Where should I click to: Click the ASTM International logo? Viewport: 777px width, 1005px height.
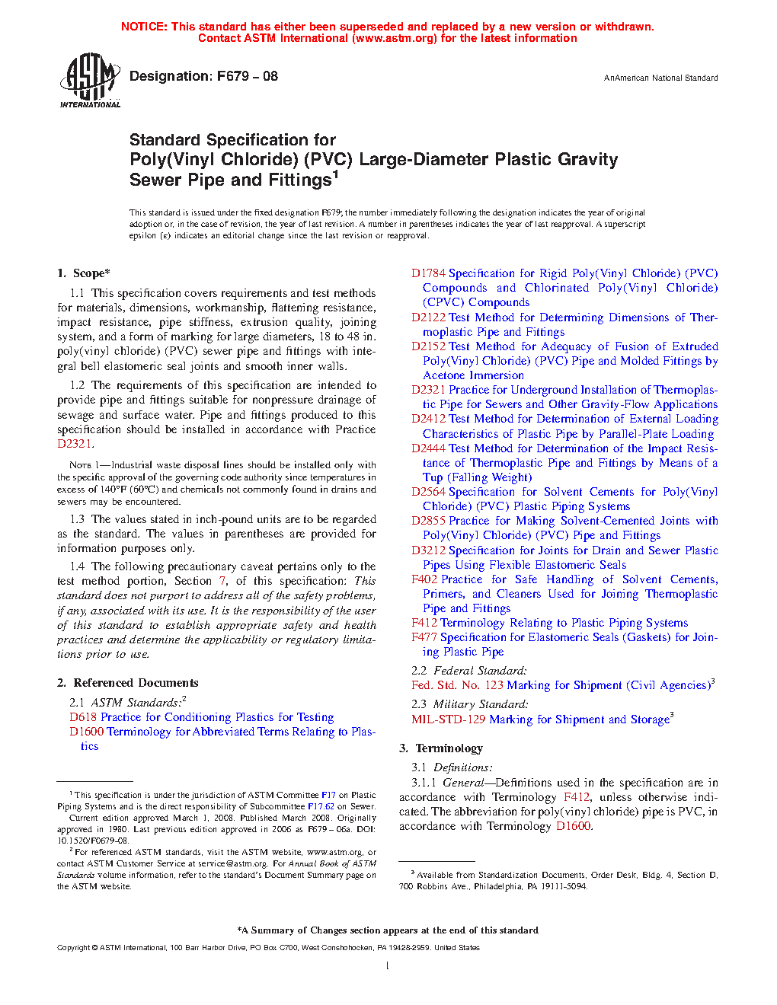(90, 80)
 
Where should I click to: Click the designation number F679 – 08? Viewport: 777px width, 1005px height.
(248, 76)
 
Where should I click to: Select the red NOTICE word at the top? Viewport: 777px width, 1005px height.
(144, 27)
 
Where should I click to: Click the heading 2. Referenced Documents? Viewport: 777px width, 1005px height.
(128, 683)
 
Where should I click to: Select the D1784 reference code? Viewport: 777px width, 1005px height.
(428, 273)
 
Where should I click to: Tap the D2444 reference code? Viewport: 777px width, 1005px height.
(428, 448)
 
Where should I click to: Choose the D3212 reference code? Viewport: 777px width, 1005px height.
(428, 550)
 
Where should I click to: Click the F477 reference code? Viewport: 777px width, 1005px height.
(424, 637)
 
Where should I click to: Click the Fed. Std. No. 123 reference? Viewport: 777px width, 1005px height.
(457, 685)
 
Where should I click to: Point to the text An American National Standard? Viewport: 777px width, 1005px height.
(660, 78)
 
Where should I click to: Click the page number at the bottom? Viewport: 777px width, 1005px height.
(388, 966)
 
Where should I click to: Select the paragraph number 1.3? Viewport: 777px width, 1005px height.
(77, 519)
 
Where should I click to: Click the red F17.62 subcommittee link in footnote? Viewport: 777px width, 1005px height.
(321, 806)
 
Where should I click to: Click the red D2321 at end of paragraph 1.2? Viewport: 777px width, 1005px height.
(75, 444)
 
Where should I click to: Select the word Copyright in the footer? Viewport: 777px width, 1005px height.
(73, 948)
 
